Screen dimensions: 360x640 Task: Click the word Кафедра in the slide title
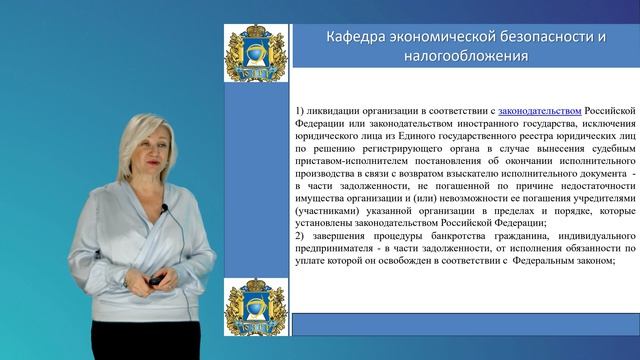[x=357, y=38]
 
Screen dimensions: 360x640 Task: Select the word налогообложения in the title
[x=466, y=57]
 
